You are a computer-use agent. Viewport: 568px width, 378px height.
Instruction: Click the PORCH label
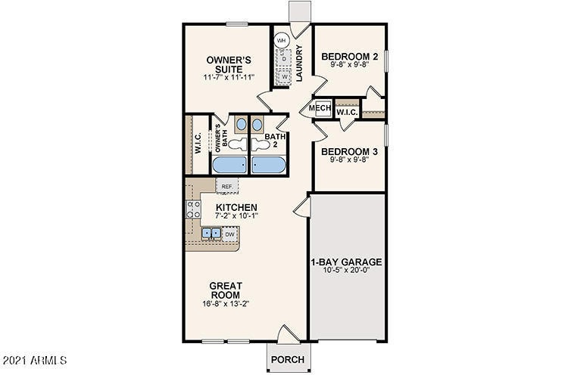click(x=288, y=359)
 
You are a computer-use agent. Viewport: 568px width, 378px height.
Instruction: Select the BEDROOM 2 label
click(x=349, y=56)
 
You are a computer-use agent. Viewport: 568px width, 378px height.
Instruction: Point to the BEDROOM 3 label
click(x=349, y=151)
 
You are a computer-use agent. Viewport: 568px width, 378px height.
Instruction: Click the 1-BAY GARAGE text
click(x=346, y=262)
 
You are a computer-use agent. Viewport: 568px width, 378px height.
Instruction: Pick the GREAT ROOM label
click(x=226, y=290)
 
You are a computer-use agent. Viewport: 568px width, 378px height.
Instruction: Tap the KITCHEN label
click(x=236, y=207)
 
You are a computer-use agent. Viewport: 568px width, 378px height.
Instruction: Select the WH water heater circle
click(x=281, y=40)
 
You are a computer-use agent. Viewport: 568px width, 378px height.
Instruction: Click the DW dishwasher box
click(x=229, y=234)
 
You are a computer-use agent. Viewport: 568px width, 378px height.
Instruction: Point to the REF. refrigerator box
click(x=226, y=185)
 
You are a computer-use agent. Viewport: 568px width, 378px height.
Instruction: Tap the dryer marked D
click(x=284, y=58)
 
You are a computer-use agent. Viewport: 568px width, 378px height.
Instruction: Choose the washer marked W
click(x=284, y=76)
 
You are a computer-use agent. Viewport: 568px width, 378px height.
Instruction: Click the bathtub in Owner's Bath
click(x=229, y=165)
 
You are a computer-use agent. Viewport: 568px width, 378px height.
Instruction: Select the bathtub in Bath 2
click(x=269, y=165)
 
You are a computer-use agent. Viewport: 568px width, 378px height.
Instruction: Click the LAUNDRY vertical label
click(x=300, y=64)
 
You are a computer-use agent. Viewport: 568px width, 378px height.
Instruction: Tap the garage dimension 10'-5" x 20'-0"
click(x=346, y=270)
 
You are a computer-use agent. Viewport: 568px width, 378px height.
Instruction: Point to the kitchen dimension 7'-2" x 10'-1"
click(x=236, y=215)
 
